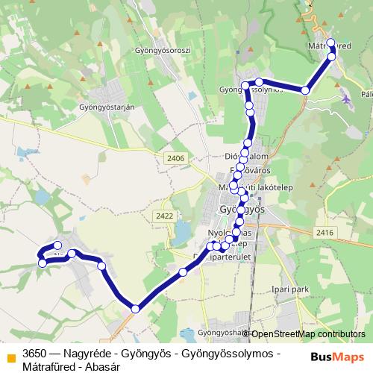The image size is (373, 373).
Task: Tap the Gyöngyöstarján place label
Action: click(106, 107)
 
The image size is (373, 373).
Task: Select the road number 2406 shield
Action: click(176, 157)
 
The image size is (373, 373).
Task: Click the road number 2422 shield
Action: click(166, 216)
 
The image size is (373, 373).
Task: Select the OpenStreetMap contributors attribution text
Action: click(308, 333)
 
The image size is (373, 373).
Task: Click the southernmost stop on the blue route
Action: click(135, 309)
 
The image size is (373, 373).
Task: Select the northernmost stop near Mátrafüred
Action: click(331, 43)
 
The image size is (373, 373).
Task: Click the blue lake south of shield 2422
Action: click(181, 237)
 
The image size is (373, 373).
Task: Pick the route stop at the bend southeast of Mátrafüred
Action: click(305, 90)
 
